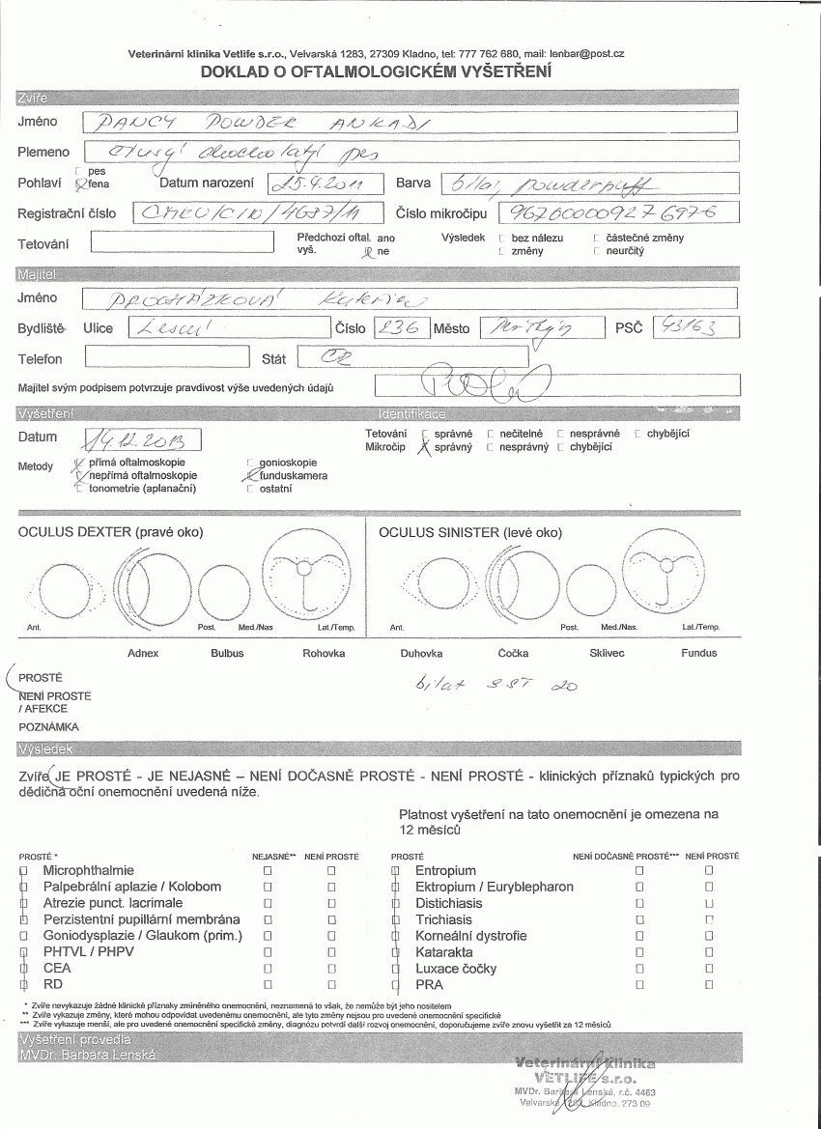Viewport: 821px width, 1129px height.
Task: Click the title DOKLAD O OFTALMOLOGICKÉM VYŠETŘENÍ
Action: point(376,71)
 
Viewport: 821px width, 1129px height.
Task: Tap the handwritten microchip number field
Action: point(618,213)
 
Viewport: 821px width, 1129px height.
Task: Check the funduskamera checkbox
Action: point(252,475)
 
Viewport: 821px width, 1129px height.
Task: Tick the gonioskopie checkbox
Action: point(252,463)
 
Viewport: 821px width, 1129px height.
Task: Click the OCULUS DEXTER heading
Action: point(111,532)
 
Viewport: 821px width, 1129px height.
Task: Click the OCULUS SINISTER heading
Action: point(469,532)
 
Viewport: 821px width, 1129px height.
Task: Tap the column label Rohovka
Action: point(324,653)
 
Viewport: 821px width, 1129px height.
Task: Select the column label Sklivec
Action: point(609,653)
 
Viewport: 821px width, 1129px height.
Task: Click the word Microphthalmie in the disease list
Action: point(89,870)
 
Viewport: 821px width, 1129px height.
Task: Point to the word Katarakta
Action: point(445,952)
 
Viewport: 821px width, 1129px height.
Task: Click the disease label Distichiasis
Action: point(449,903)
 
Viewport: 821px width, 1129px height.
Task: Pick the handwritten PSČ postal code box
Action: point(695,327)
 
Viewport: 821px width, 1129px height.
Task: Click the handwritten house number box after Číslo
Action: point(399,328)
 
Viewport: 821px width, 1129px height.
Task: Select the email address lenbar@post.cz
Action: point(588,54)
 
